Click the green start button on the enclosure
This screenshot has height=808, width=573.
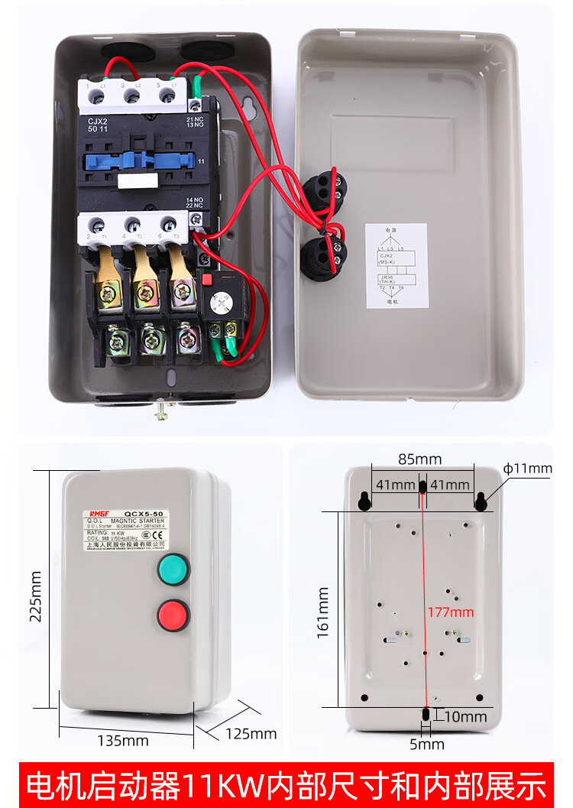pos(173,570)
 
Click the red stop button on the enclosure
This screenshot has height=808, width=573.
pos(173,615)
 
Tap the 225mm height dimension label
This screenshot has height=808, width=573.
pos(35,596)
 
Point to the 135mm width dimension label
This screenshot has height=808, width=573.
pos(123,740)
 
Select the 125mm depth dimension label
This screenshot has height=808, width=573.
pos(251,734)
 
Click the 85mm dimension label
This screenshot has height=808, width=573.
pos(419,459)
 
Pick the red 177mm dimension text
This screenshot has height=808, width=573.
pos(451,612)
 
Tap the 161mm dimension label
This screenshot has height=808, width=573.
pos(324,612)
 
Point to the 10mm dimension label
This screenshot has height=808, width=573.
pos(465,716)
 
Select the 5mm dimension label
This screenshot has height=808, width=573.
pos(426,744)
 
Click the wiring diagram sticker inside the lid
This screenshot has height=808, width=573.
pos(396,265)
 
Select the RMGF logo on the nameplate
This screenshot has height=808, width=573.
pos(99,514)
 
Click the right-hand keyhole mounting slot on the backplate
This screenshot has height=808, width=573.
pos(481,501)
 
